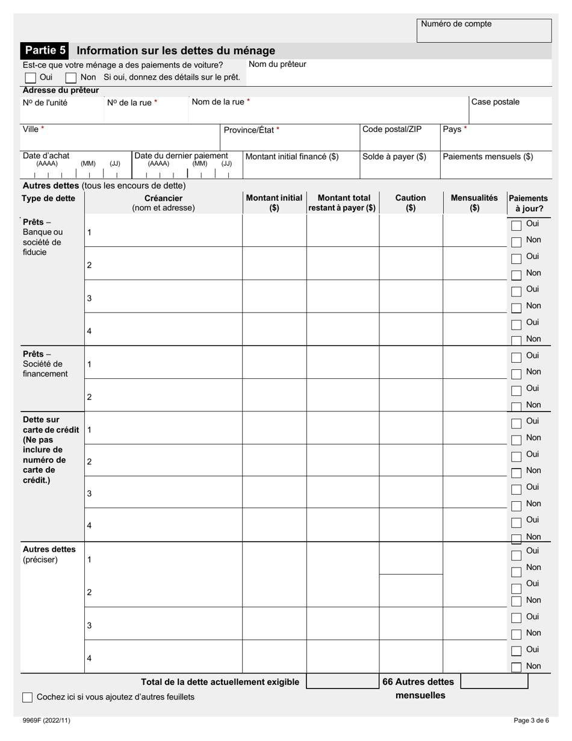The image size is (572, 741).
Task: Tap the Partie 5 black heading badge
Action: tap(45, 51)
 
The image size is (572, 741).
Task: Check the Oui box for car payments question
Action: tap(30, 78)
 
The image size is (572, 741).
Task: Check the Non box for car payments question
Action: tap(70, 78)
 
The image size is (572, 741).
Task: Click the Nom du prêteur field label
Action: tap(278, 64)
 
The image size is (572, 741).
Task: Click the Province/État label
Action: tap(252, 130)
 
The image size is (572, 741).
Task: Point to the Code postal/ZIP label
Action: tap(392, 130)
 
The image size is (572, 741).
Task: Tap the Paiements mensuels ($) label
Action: tap(488, 157)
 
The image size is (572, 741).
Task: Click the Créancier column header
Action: tap(163, 203)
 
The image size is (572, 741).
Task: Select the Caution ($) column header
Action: tap(411, 203)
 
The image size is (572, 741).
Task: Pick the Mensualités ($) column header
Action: tap(474, 203)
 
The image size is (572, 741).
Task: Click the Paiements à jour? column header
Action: tap(528, 204)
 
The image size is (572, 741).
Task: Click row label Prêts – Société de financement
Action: tap(45, 364)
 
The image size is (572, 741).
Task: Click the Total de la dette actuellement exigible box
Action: tap(342, 681)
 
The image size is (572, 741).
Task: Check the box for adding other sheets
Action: tap(28, 698)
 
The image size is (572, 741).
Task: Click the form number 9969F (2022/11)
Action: tap(42, 721)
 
